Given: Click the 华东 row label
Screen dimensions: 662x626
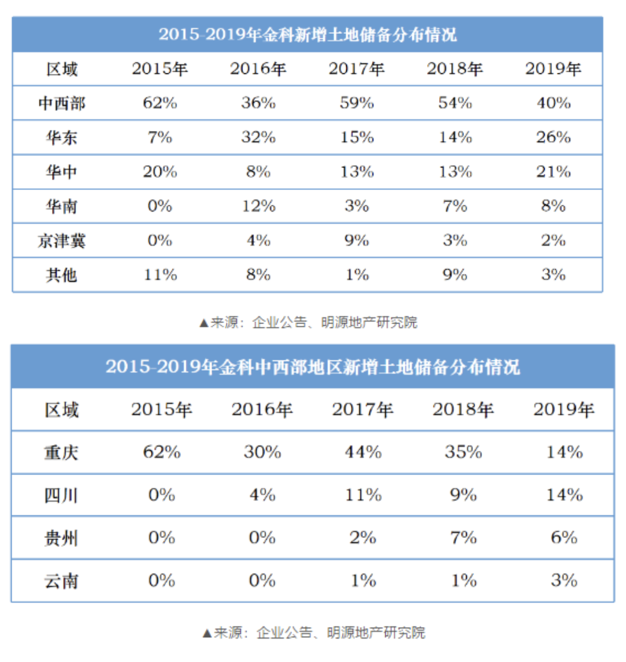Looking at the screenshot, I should point(61,137).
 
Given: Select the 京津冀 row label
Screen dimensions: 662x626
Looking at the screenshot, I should point(61,241).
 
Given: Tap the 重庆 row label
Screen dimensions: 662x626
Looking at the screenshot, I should point(61,452).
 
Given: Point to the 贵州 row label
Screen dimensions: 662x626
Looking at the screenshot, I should point(61,538).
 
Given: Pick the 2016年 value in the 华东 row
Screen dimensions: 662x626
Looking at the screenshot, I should point(258,137).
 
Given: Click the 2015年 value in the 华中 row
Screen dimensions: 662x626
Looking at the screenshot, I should point(160,172).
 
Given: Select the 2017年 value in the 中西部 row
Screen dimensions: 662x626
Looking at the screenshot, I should point(357,102).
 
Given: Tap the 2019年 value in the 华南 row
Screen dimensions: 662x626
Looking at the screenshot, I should point(553,206).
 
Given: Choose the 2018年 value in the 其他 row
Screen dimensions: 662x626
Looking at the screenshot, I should point(455,275).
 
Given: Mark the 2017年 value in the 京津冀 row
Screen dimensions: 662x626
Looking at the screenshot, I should point(357,241).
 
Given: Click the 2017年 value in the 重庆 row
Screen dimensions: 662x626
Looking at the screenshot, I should point(363,452).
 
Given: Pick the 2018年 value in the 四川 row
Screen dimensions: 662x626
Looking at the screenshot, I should point(463,495).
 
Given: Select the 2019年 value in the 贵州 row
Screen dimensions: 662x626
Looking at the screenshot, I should point(564,538).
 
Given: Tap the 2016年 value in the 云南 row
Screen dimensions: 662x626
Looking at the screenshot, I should point(262,581).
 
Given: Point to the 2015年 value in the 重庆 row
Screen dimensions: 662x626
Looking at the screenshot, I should point(162,452).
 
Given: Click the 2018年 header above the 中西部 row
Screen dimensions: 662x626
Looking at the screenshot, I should point(455,69).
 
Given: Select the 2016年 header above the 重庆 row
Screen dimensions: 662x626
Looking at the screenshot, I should point(262,410).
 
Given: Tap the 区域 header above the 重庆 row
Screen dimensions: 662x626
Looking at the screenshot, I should point(61,410).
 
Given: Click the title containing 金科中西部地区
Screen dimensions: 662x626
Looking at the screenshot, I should point(312,367).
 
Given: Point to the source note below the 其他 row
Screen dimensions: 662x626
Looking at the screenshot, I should point(308,322).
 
